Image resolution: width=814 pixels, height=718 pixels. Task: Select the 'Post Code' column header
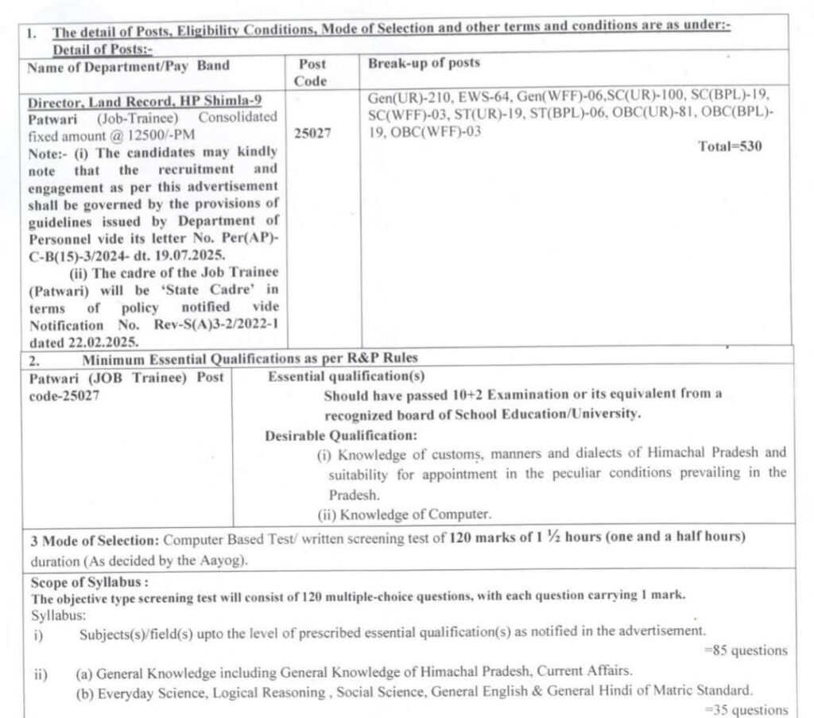(312, 72)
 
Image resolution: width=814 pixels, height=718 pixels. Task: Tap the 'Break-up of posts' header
(424, 64)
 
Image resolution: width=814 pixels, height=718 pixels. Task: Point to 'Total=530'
(730, 147)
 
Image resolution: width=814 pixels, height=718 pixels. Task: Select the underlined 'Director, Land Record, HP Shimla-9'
(145, 102)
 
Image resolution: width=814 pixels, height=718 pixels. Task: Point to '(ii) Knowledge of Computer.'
(404, 513)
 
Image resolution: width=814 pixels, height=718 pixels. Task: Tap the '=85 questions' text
(746, 650)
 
